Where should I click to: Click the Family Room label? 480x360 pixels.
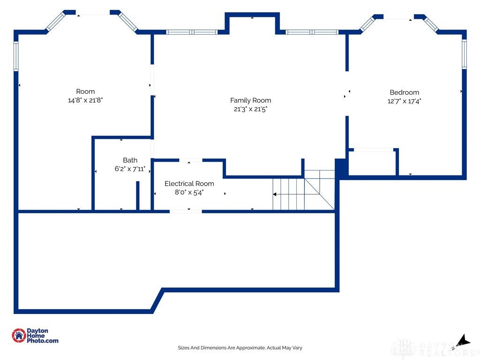click(250, 100)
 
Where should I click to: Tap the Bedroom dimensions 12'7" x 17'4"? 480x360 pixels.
click(404, 101)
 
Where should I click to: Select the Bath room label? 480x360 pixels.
click(130, 160)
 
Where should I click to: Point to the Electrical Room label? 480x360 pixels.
click(189, 184)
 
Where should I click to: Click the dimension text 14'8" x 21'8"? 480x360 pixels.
click(85, 100)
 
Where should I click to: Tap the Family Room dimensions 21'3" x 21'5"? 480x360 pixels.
click(250, 109)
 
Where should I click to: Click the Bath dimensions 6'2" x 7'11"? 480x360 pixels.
click(130, 169)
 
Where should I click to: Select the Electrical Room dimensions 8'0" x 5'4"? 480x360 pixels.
click(189, 193)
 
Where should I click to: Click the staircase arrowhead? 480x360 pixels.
click(275, 194)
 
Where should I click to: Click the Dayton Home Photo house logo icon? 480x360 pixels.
click(19, 336)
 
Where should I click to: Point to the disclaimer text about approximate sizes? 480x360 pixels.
click(240, 348)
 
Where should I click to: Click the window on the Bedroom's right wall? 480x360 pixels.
click(464, 54)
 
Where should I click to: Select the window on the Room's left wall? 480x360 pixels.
click(16, 56)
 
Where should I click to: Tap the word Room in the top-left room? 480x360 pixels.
click(85, 91)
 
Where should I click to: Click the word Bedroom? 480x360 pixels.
click(405, 92)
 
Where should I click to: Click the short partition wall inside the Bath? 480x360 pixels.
click(138, 195)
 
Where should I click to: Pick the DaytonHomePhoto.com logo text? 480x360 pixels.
click(42, 336)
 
